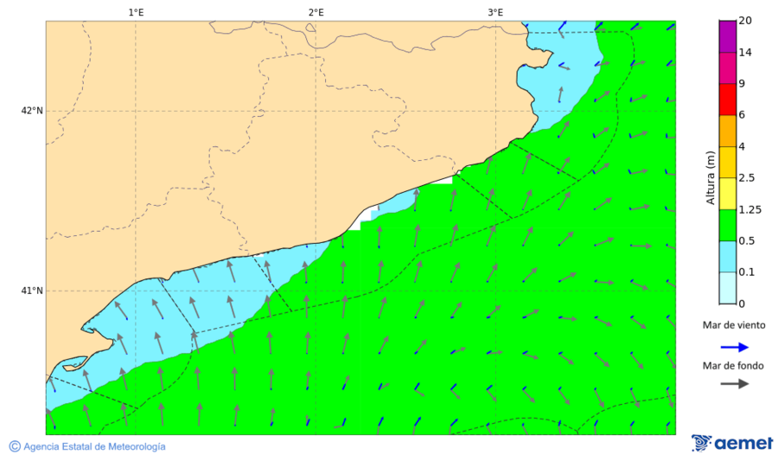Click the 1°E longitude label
coord(136,12)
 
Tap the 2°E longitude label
coord(316,12)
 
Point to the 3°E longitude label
coord(495,12)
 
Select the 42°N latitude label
coord(32,111)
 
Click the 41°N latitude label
coord(32,291)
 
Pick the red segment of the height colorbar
coord(727,99)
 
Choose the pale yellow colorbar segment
coord(727,193)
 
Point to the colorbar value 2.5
coord(747,178)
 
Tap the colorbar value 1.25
coord(749,209)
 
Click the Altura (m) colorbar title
coord(711,177)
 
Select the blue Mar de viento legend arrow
coord(735,348)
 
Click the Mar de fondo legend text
coord(733,366)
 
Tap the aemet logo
coord(732,443)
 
